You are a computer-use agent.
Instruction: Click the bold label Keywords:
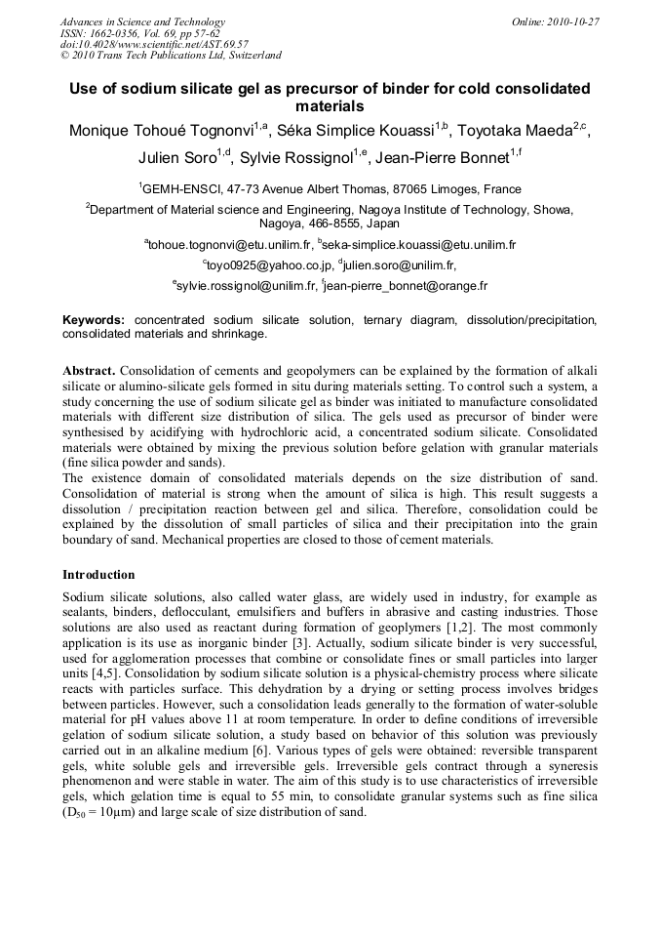[94, 319]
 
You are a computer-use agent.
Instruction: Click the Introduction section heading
[98, 575]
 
